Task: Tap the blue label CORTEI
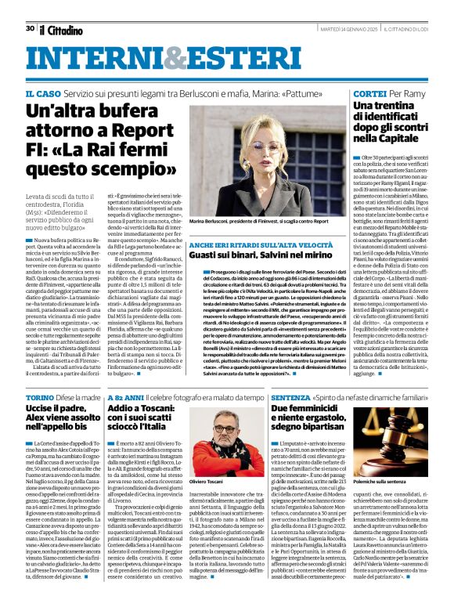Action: pyautogui.click(x=368, y=93)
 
